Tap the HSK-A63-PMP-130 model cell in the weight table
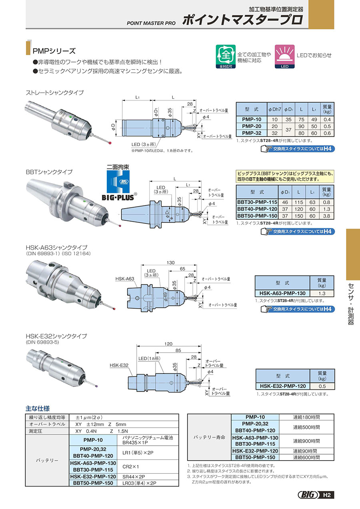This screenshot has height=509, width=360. [x=283, y=293]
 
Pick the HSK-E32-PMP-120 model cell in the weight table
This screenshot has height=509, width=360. [x=282, y=386]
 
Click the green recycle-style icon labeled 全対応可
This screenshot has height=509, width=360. [x=226, y=56]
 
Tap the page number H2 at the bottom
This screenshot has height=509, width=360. [x=327, y=495]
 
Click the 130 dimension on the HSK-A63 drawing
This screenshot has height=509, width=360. [x=171, y=263]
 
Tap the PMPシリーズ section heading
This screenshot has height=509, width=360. [x=54, y=51]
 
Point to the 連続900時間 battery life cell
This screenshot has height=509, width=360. [x=306, y=441]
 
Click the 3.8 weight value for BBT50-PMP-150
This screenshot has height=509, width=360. [x=327, y=216]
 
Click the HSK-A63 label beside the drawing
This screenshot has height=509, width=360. [x=125, y=279]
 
